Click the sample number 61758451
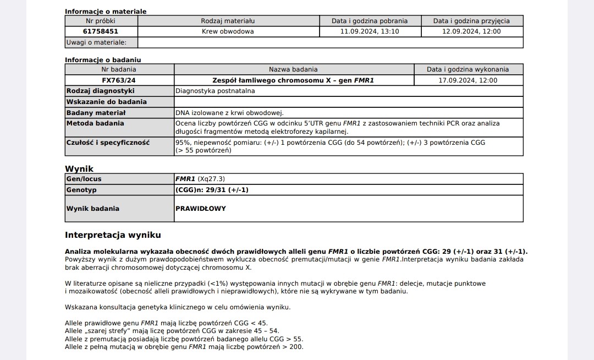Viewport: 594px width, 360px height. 101,31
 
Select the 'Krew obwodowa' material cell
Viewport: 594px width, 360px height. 228,31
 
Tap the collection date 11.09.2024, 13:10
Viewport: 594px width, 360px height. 370,31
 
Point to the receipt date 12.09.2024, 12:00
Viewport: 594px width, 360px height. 471,31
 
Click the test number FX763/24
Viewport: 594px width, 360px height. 118,80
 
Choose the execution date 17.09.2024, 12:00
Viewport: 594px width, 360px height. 468,80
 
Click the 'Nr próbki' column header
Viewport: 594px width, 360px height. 101,21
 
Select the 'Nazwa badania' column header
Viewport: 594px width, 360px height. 293,69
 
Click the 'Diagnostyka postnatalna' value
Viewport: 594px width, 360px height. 215,90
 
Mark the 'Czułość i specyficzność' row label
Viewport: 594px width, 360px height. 108,142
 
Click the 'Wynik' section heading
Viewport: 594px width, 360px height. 79,169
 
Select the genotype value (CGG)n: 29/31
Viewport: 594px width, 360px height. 212,190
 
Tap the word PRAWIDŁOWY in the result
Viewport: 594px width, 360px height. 200,209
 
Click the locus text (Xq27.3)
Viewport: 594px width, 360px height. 211,179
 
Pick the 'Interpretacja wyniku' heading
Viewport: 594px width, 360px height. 113,234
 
